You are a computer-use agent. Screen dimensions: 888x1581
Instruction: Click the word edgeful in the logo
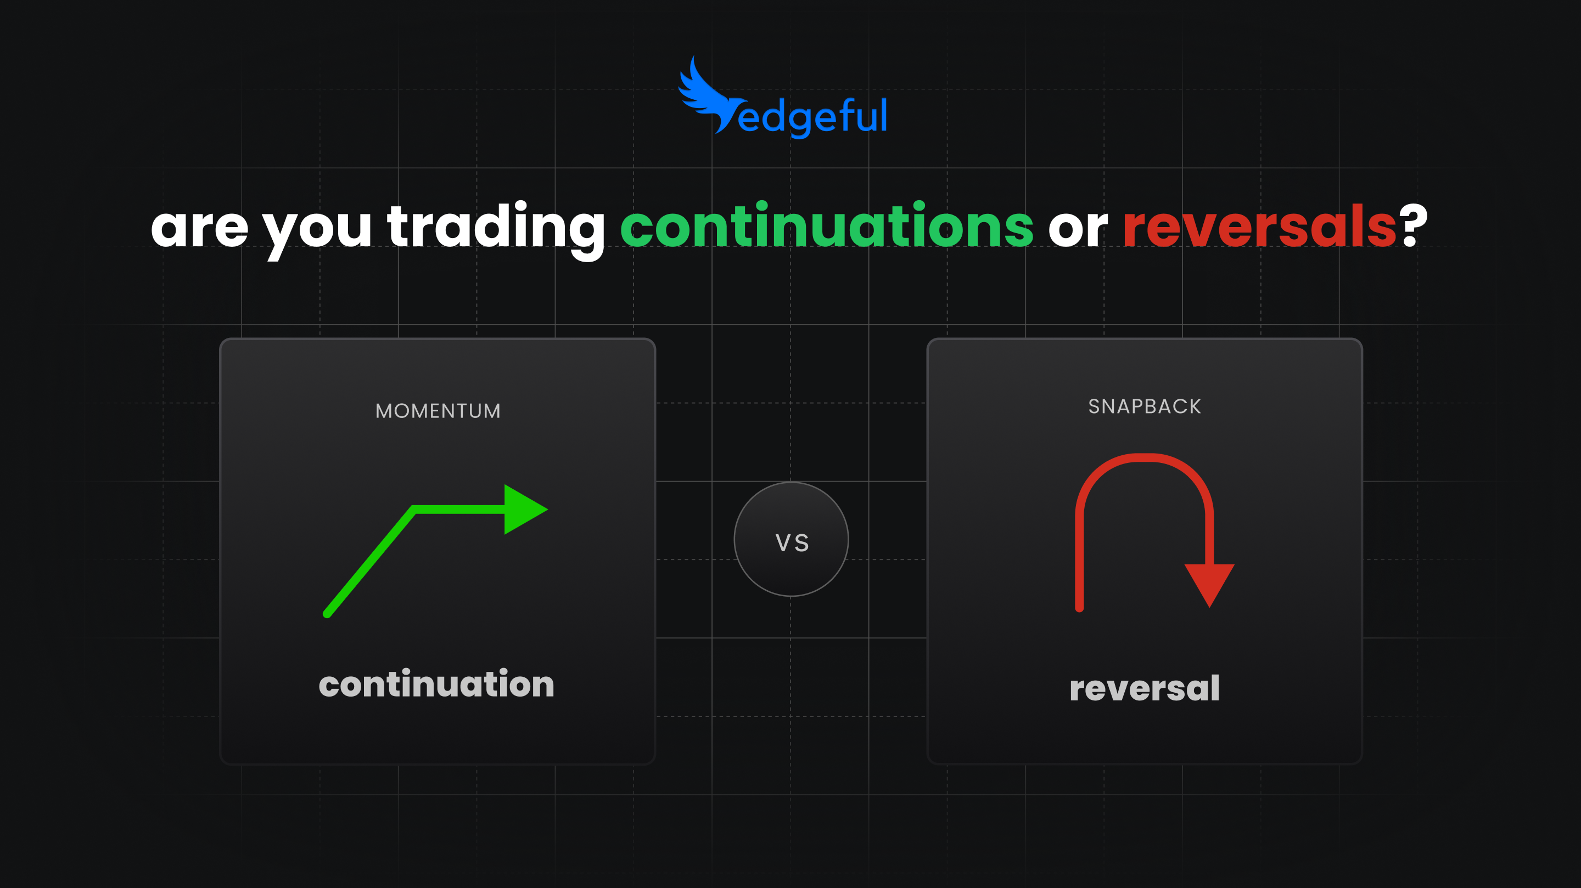tap(812, 116)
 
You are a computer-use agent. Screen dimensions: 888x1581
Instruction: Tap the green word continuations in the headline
tap(827, 227)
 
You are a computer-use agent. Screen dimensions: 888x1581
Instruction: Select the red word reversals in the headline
tap(1259, 227)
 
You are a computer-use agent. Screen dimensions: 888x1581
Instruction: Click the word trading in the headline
tap(496, 228)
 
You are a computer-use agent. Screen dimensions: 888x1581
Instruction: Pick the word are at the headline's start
tap(199, 228)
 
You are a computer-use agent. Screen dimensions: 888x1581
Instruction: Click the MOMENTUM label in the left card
tap(438, 411)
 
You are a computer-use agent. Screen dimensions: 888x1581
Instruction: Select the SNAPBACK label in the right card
tap(1145, 406)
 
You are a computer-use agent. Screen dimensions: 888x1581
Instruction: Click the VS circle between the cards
tap(791, 539)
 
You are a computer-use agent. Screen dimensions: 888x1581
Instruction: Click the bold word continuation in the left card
tap(436, 684)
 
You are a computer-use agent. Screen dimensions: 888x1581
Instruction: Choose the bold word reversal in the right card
tap(1145, 688)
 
